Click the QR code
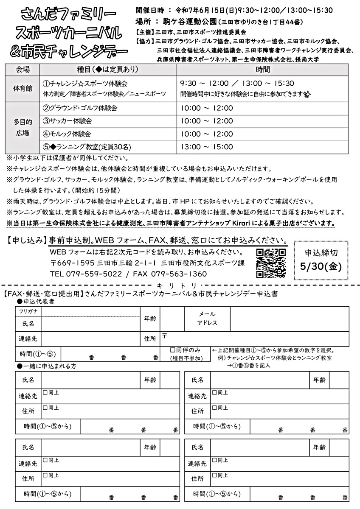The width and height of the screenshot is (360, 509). tap(271, 263)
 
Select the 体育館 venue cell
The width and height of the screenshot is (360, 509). tap(22, 89)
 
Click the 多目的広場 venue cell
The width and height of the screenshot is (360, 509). tap(22, 127)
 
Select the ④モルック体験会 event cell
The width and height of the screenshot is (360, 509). tap(67, 134)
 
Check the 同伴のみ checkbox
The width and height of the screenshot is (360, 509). tap(173, 350)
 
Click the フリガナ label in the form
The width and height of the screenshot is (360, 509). tap(28, 312)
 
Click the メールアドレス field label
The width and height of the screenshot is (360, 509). tap(207, 318)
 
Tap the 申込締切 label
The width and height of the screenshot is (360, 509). tap(321, 253)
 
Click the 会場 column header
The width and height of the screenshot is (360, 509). tap(22, 69)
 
